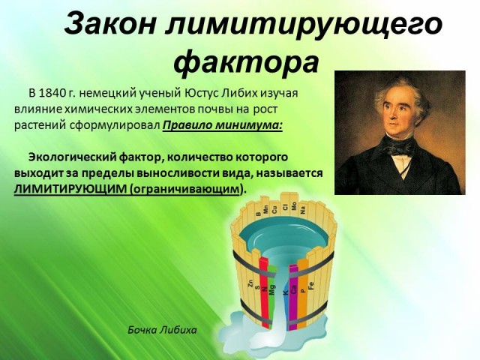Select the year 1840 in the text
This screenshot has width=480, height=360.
pyautogui.click(x=52, y=93)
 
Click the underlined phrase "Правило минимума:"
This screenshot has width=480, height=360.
pyautogui.click(x=222, y=125)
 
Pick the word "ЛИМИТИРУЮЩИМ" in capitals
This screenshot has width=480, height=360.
pyautogui.click(x=70, y=189)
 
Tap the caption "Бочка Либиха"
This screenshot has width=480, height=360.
pyautogui.click(x=162, y=330)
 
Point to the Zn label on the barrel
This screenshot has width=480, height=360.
pyautogui.click(x=250, y=283)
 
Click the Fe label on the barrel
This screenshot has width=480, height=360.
pyautogui.click(x=311, y=285)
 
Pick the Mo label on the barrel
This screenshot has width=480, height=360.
pyautogui.click(x=294, y=205)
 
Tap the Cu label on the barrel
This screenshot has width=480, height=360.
pyautogui.click(x=274, y=210)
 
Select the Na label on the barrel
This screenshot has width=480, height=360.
pyautogui.click(x=303, y=210)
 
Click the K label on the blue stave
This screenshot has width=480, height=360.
pyautogui.click(x=286, y=292)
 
